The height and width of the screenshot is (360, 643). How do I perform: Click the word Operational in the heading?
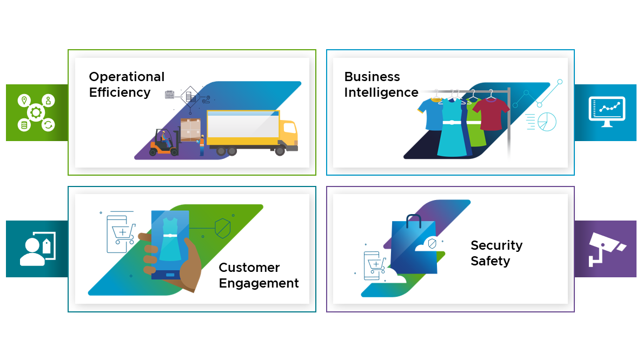click(127, 77)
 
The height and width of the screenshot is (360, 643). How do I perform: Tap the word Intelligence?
click(381, 92)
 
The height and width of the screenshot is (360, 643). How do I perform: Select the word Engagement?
click(258, 283)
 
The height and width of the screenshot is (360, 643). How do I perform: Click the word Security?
click(496, 245)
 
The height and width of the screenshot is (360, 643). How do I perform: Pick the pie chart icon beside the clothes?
click(547, 122)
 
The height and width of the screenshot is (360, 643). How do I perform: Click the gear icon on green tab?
click(36, 112)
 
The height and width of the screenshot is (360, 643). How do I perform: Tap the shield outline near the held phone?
click(222, 229)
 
